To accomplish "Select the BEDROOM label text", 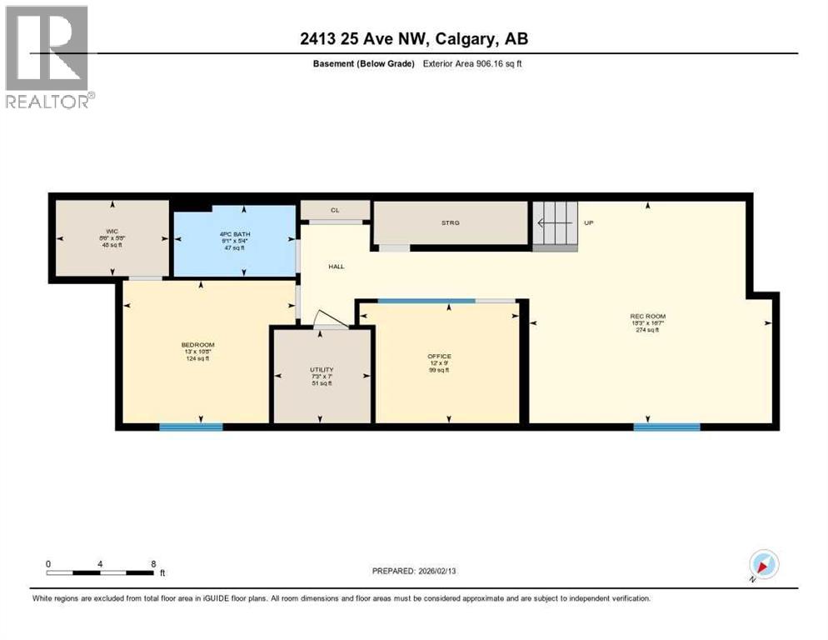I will tap(198, 345).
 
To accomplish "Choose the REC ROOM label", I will tap(647, 316).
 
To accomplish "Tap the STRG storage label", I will tap(451, 222).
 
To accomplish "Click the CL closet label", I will tap(335, 210).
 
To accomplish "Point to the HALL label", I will tap(336, 267).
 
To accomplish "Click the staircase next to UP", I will tap(555, 224).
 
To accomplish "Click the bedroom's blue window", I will tap(191, 427).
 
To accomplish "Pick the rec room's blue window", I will tap(666, 427).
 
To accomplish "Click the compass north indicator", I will tap(763, 564).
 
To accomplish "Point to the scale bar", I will tap(100, 572).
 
